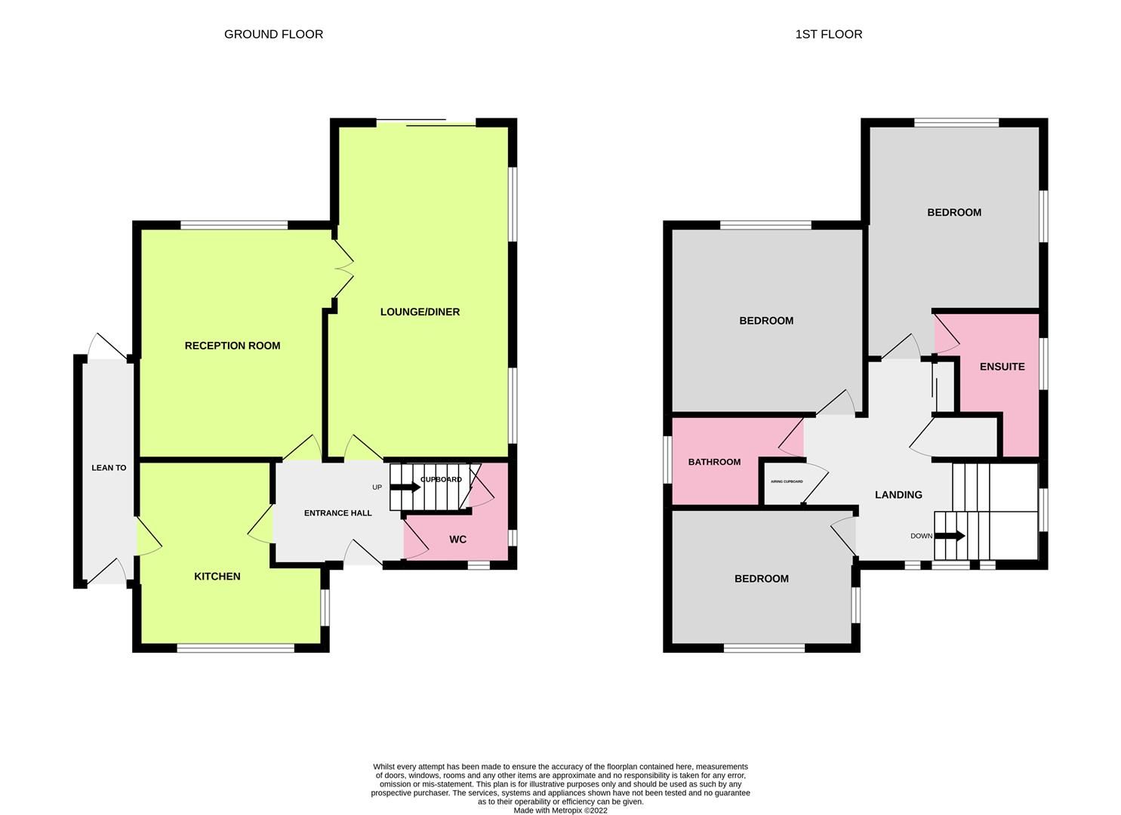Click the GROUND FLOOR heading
(x=273, y=34)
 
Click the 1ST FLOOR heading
(x=828, y=34)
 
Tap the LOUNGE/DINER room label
(x=420, y=312)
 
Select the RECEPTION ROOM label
(x=233, y=346)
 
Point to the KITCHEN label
(x=217, y=577)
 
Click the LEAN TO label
(x=109, y=468)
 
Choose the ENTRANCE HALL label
(x=337, y=513)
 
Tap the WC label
(x=457, y=540)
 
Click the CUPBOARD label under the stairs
(x=441, y=479)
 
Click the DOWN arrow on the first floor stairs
(x=950, y=536)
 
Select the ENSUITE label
(x=1002, y=367)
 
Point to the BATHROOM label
(x=714, y=462)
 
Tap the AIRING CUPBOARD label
(x=786, y=481)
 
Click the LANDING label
(x=898, y=495)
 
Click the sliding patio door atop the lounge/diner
(x=426, y=123)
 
